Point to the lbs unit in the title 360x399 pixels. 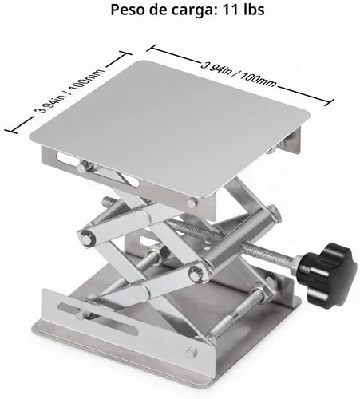[x=253, y=10]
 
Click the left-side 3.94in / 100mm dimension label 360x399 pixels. [x=69, y=91]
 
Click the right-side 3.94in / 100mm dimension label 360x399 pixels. [x=238, y=75]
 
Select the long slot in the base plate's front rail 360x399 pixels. [x=97, y=318]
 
